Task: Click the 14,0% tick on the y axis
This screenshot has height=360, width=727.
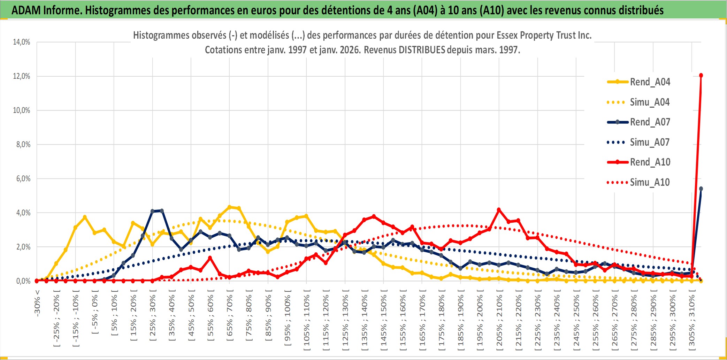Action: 22,42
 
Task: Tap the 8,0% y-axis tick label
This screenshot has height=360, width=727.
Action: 23,145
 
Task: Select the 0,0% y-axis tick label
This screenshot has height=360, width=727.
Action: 23,281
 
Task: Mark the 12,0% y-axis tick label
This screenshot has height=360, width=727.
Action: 22,76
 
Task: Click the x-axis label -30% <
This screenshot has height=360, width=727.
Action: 37,303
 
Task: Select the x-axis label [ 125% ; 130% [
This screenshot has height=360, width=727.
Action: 345,321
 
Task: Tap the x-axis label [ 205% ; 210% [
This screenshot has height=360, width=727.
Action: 499,321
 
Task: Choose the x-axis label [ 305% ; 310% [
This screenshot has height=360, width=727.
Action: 692,321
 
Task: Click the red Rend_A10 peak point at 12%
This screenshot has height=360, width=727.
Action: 701,75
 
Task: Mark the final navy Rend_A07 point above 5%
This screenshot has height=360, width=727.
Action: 701,189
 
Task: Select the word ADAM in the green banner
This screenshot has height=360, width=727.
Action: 26,10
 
